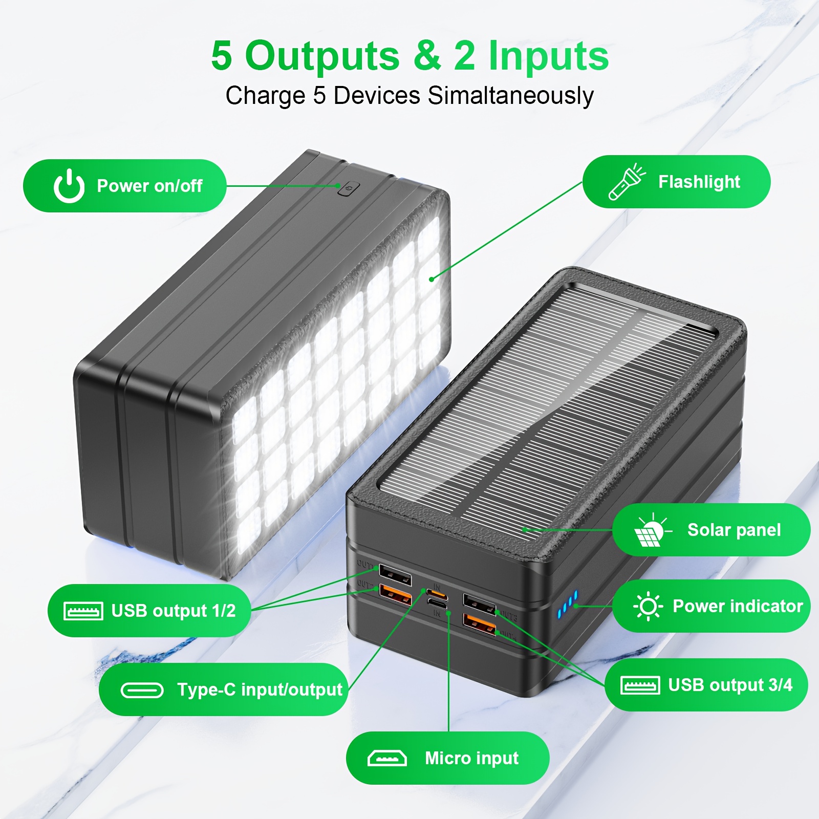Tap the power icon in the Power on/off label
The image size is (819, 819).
click(x=69, y=186)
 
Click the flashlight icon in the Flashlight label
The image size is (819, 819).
click(x=626, y=182)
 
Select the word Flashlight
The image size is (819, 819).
click(x=699, y=182)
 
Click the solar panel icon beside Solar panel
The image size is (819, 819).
click(x=650, y=530)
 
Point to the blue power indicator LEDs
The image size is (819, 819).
click(x=567, y=604)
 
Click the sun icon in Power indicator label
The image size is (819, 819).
click(x=648, y=607)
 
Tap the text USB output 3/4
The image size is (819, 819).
click(x=730, y=685)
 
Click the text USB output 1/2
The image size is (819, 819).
click(x=173, y=611)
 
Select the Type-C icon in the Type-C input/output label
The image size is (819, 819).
click(x=142, y=690)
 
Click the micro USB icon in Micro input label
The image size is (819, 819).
click(x=387, y=758)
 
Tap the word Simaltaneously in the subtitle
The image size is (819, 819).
click(x=510, y=96)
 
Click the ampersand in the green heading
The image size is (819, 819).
click(x=426, y=55)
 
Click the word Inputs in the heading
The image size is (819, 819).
click(x=549, y=55)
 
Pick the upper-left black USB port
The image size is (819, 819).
click(x=395, y=575)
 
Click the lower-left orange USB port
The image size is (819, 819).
click(x=395, y=595)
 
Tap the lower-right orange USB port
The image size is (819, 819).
click(x=480, y=623)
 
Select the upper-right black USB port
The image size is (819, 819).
click(x=480, y=603)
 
